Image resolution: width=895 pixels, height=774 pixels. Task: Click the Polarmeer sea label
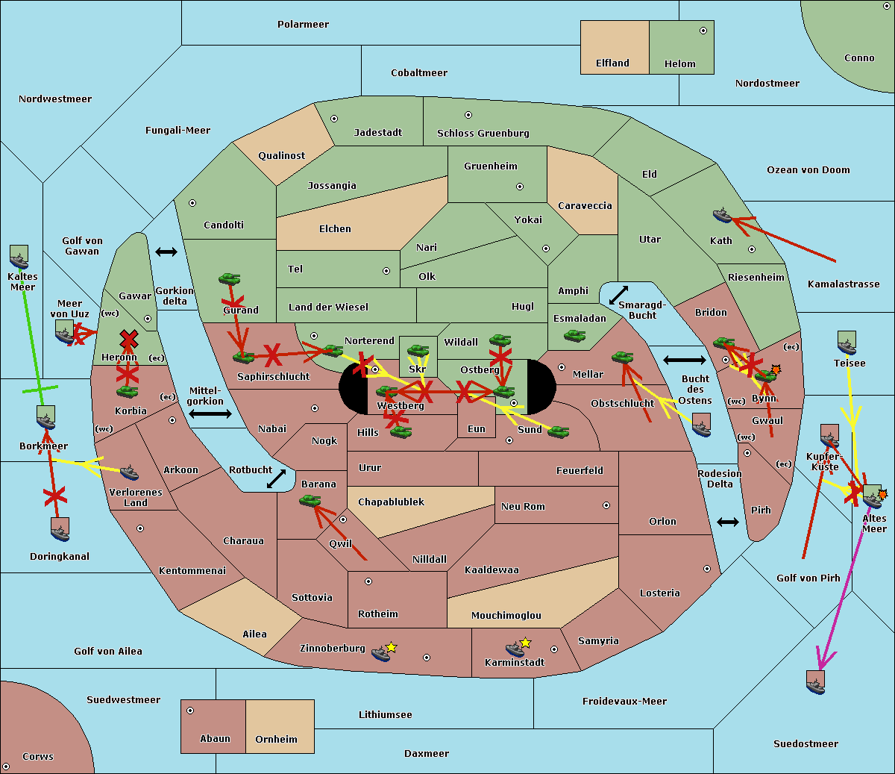(303, 25)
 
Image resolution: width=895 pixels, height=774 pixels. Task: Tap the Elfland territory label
(612, 63)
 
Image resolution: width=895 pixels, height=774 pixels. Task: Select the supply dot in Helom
(703, 31)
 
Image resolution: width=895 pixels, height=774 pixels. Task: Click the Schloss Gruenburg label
(483, 134)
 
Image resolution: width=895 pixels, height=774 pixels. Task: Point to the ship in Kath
(722, 216)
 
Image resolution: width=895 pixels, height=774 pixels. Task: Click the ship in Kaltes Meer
(19, 258)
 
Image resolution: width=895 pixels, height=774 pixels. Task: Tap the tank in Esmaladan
(574, 336)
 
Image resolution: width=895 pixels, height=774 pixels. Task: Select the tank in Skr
(418, 350)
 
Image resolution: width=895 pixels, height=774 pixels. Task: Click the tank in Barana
(310, 501)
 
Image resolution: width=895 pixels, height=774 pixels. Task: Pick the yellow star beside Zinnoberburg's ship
(392, 647)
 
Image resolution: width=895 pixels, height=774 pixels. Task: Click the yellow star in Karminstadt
(525, 643)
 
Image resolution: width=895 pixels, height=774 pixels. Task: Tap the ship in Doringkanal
(60, 529)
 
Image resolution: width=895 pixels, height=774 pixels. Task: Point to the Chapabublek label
(391, 502)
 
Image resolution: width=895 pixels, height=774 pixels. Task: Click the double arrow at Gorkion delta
(166, 252)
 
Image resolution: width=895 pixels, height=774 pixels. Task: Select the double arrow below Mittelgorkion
(210, 413)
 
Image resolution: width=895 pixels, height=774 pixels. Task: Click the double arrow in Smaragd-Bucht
(618, 296)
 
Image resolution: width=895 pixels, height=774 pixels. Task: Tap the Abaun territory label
(215, 739)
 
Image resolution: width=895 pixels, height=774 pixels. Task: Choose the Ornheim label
(276, 740)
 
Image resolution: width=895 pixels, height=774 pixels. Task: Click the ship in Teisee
(847, 343)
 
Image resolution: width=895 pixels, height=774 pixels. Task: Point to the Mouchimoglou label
(506, 616)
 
